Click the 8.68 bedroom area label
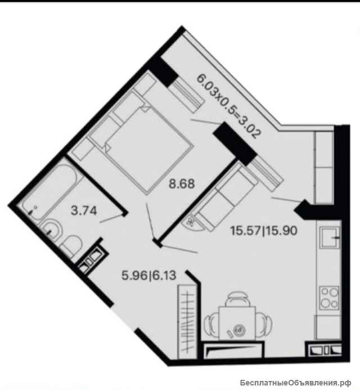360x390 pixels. click(182, 184)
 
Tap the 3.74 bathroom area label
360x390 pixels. click(84, 211)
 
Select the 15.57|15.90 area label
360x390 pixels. click(264, 231)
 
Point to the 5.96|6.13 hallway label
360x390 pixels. click(149, 275)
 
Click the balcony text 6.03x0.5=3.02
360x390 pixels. click(229, 106)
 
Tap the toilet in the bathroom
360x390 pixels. click(71, 246)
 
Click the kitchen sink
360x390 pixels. click(330, 237)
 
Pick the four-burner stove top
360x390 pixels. click(330, 298)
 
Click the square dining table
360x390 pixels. click(237, 323)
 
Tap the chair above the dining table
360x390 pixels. click(237, 299)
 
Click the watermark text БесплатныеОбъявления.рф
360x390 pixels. click(296, 382)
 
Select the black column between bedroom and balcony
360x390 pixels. click(235, 144)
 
